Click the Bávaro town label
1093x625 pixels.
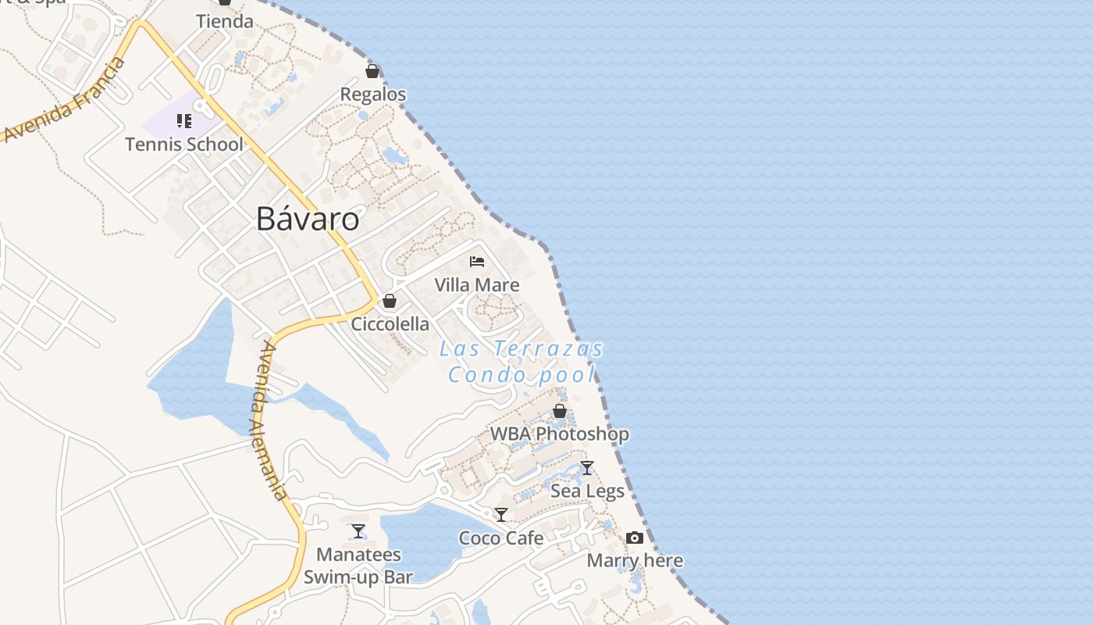point(308,220)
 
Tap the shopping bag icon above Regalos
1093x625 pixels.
point(372,71)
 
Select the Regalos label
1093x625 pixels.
point(372,95)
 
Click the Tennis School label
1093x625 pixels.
point(184,145)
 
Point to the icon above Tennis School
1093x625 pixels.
point(184,121)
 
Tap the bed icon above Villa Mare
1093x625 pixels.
point(477,262)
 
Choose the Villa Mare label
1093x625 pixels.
point(477,285)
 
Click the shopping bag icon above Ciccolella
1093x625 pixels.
point(390,301)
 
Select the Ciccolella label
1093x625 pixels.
point(390,324)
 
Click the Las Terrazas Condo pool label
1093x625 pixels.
point(522,362)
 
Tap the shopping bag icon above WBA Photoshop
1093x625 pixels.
point(559,410)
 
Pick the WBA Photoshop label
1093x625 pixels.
point(559,434)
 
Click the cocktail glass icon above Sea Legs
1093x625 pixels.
point(587,468)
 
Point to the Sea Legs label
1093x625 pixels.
point(587,491)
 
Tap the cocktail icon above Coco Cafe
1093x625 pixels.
point(501,515)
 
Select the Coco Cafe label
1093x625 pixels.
point(501,538)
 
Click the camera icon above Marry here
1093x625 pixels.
point(635,537)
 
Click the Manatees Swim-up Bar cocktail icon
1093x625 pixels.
point(358,531)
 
